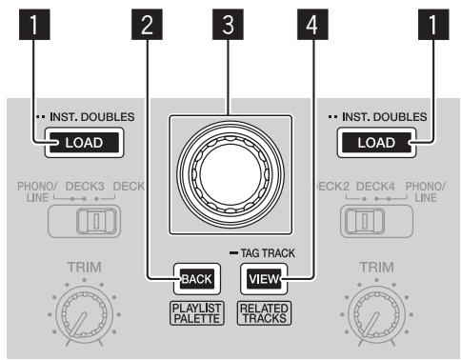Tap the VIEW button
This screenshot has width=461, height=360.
[x=260, y=279]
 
